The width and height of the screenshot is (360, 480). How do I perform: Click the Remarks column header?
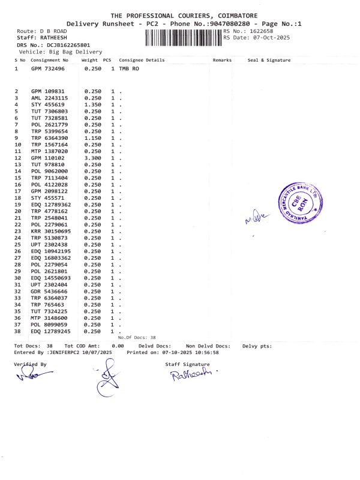222,60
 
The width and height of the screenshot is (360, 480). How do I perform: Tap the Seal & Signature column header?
269,60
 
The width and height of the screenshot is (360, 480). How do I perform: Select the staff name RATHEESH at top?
50,37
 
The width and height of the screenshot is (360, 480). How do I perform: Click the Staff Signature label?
187,364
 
